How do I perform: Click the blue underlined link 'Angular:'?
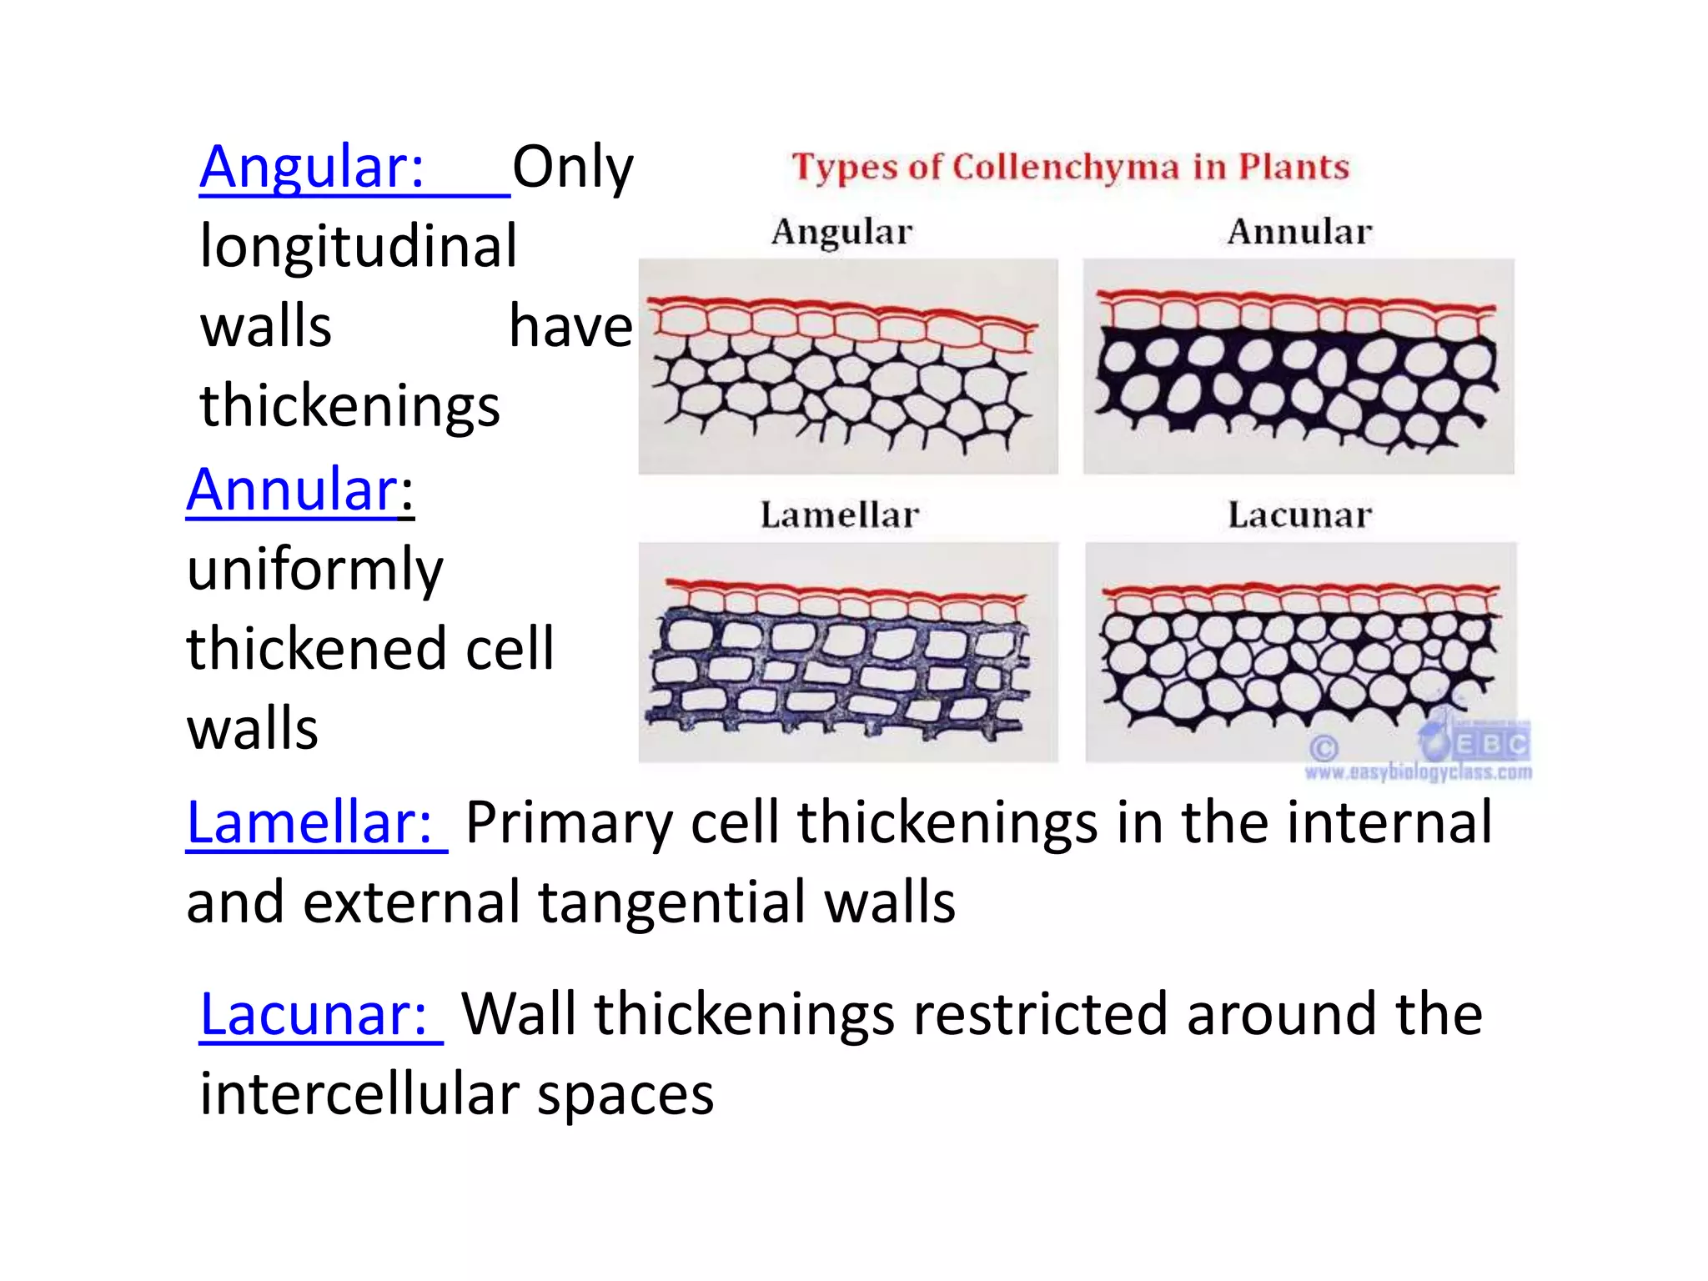coord(313,168)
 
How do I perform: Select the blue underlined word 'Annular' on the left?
coord(292,490)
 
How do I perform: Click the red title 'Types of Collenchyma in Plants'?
coord(1070,168)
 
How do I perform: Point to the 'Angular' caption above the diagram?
coord(841,232)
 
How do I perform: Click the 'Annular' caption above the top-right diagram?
coord(1299,232)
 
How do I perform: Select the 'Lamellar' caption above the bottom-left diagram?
coord(839,515)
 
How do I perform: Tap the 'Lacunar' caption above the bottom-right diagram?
coord(1299,515)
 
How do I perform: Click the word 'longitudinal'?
coord(359,248)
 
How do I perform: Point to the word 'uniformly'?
coord(315,570)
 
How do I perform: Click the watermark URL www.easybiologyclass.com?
coord(1418,773)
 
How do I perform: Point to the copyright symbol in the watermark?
coord(1324,747)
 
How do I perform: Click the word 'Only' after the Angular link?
coord(573,168)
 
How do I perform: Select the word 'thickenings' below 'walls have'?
coord(350,407)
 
